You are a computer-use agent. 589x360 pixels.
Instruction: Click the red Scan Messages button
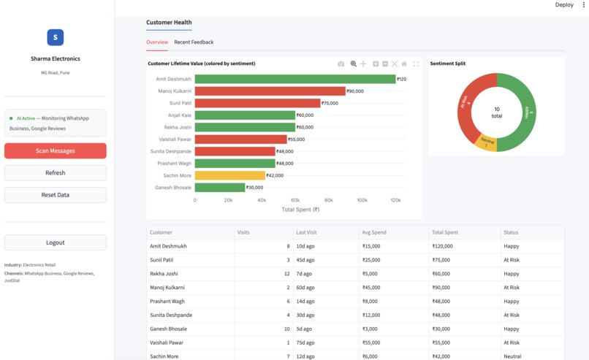pos(56,150)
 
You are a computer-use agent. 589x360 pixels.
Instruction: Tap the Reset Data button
pos(56,195)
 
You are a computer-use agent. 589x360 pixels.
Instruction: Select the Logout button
pos(56,242)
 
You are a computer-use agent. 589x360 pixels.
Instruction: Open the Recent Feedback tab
pos(194,42)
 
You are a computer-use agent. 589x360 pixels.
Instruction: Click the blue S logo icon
pos(56,37)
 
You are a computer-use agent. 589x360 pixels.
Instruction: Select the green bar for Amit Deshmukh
pos(295,79)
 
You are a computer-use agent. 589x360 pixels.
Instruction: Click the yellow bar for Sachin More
pos(230,175)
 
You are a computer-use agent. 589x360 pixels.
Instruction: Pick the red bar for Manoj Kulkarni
pos(270,91)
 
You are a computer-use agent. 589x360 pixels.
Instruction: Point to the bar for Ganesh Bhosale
pos(220,188)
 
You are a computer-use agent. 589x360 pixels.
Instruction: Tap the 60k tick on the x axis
pos(295,200)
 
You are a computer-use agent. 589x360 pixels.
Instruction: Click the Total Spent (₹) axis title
pos(300,210)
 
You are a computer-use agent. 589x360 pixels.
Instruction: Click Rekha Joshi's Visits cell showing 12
pos(286,274)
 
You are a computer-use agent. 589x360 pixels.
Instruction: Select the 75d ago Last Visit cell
pos(305,342)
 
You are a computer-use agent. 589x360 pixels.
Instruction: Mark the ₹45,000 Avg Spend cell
pos(371,288)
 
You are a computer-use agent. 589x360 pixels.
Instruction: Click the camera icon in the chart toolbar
pos(341,64)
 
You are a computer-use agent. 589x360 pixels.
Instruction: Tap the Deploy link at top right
pos(564,5)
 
